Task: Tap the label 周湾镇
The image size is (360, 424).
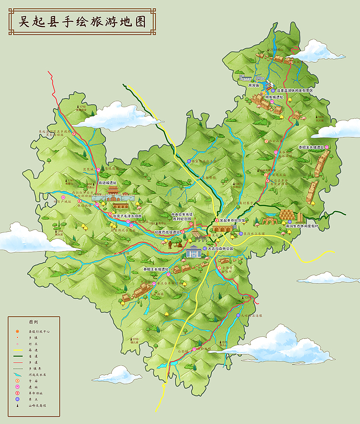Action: [x=254, y=85]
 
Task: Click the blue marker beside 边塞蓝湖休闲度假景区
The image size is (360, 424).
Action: [x=274, y=91]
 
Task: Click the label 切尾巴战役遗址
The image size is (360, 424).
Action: [x=167, y=232]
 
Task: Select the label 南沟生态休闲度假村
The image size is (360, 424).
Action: [x=302, y=226]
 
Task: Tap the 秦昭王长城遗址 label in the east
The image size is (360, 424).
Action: [x=311, y=147]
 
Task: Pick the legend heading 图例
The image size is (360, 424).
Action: [x=34, y=322]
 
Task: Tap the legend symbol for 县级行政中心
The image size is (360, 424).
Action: [x=17, y=332]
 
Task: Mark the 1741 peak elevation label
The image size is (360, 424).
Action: [x=71, y=181]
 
